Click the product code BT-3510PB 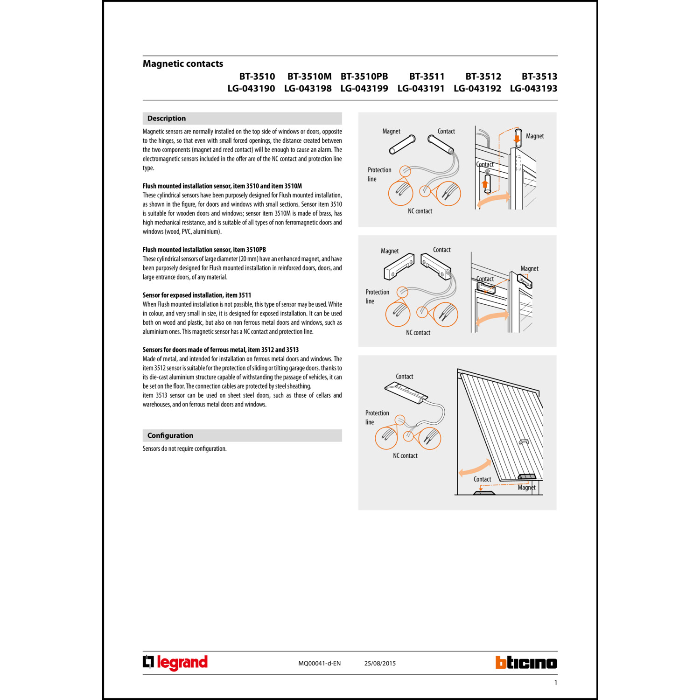tap(364, 77)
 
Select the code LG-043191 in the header tap(420, 89)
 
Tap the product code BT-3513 tap(539, 77)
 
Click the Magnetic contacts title tap(183, 64)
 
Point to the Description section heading tap(167, 119)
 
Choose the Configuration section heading tap(170, 435)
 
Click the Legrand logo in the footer tap(175, 663)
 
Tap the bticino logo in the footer tap(526, 663)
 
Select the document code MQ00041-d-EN tap(319, 663)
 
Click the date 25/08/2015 tap(380, 663)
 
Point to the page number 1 tap(555, 683)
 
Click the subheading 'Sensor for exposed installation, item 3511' tap(197, 295)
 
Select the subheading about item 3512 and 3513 tap(220, 350)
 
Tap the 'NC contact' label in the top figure tap(420, 211)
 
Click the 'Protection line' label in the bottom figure tap(377, 417)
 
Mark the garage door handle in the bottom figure tap(524, 441)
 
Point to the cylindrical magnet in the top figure tap(402, 145)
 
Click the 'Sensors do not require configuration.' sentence tap(184, 449)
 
